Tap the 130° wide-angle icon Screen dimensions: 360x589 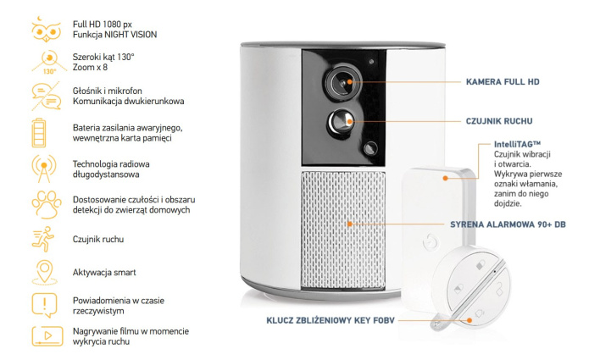click(x=43, y=61)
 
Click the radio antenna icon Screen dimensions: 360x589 click(x=42, y=167)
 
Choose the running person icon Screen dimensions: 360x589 click(x=42, y=240)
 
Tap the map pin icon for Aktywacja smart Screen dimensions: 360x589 click(x=42, y=273)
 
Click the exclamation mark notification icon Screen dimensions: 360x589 click(x=42, y=303)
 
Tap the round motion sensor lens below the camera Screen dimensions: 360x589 click(x=341, y=120)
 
